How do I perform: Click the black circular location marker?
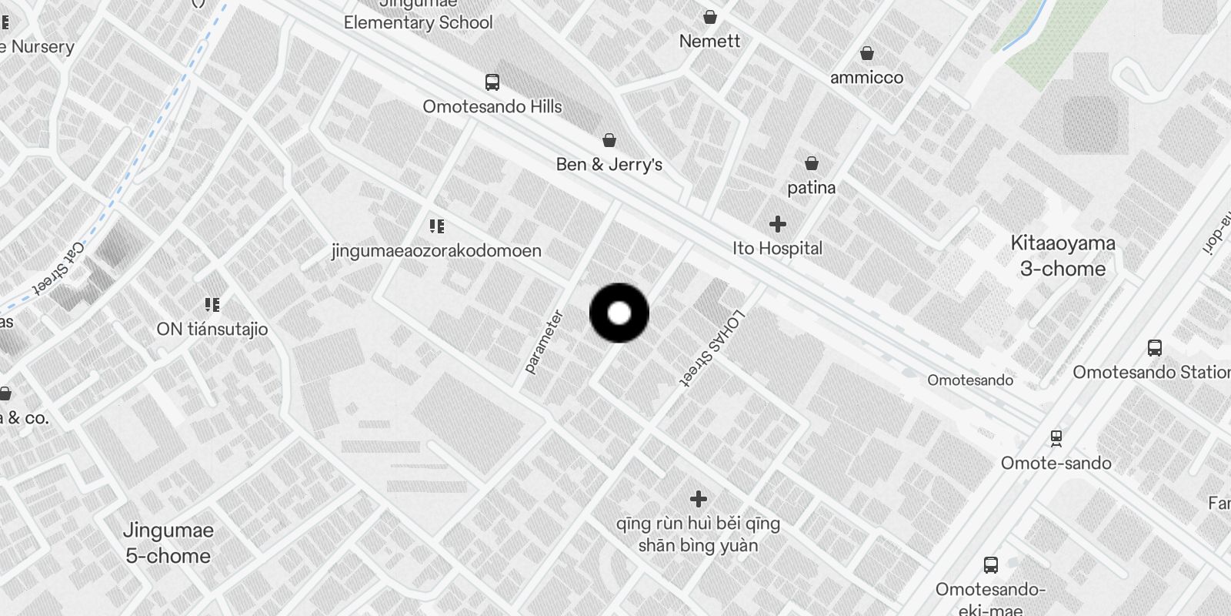619,313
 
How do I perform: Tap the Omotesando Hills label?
492,107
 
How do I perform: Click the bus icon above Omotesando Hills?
492,82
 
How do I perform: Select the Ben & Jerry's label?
609,165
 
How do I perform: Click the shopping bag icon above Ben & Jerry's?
609,140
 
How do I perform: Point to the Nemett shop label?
709,42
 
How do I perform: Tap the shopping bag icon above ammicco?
867,53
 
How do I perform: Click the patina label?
811,188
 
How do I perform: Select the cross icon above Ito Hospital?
778,224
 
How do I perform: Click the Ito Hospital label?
777,249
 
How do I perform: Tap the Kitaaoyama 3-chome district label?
1063,256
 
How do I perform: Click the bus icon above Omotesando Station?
1155,347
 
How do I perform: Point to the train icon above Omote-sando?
1056,438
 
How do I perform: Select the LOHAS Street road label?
712,347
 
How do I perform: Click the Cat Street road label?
58,269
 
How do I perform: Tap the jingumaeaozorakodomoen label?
436,251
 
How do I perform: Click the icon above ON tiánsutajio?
212,305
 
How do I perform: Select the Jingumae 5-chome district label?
168,543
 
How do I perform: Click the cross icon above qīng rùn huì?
699,499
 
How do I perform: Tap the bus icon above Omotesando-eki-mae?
991,565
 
